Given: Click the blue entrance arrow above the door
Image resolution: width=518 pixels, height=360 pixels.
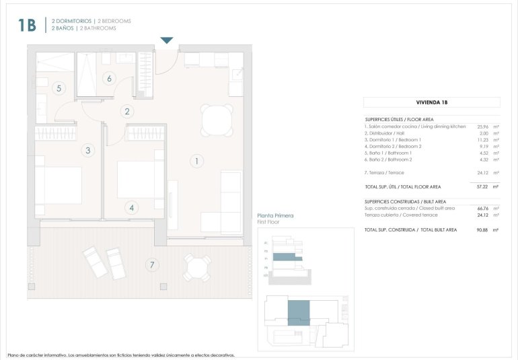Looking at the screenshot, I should coord(167,40).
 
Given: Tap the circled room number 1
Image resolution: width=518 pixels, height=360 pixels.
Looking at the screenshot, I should coord(196,161).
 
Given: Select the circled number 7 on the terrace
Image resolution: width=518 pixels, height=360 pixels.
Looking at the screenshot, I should coord(153,265).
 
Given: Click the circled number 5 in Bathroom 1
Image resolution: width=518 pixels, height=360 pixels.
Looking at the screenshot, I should coord(59,87).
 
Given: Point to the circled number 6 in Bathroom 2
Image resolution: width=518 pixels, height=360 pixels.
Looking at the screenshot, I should coord(108,78).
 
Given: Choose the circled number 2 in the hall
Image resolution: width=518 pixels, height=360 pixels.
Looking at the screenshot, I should coord(126,112).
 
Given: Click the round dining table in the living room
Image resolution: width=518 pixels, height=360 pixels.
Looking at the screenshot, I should coord(217,121).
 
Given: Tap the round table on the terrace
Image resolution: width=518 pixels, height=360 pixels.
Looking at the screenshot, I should coord(198,268).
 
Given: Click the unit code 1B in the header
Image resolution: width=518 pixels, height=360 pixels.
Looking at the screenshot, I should coord(28,25).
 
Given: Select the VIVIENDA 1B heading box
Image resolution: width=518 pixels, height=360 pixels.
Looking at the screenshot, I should coord(431,102).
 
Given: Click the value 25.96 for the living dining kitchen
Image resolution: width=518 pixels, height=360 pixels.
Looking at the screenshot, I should coord(482,127).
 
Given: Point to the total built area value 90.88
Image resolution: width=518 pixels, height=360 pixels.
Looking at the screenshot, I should coord(482,230).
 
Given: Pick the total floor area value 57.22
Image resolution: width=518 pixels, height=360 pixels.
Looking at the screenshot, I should coord(482,186).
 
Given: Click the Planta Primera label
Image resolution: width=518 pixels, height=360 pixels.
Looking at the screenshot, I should coord(276,216).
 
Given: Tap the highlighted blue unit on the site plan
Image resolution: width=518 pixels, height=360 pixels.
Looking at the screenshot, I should coord(299,314).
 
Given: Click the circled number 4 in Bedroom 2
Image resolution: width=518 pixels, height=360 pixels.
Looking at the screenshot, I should coord(133,208).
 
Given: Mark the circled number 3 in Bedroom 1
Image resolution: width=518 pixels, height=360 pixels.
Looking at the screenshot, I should coord(88,151).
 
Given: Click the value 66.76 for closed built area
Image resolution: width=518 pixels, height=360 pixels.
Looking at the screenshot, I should coord(482,209).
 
